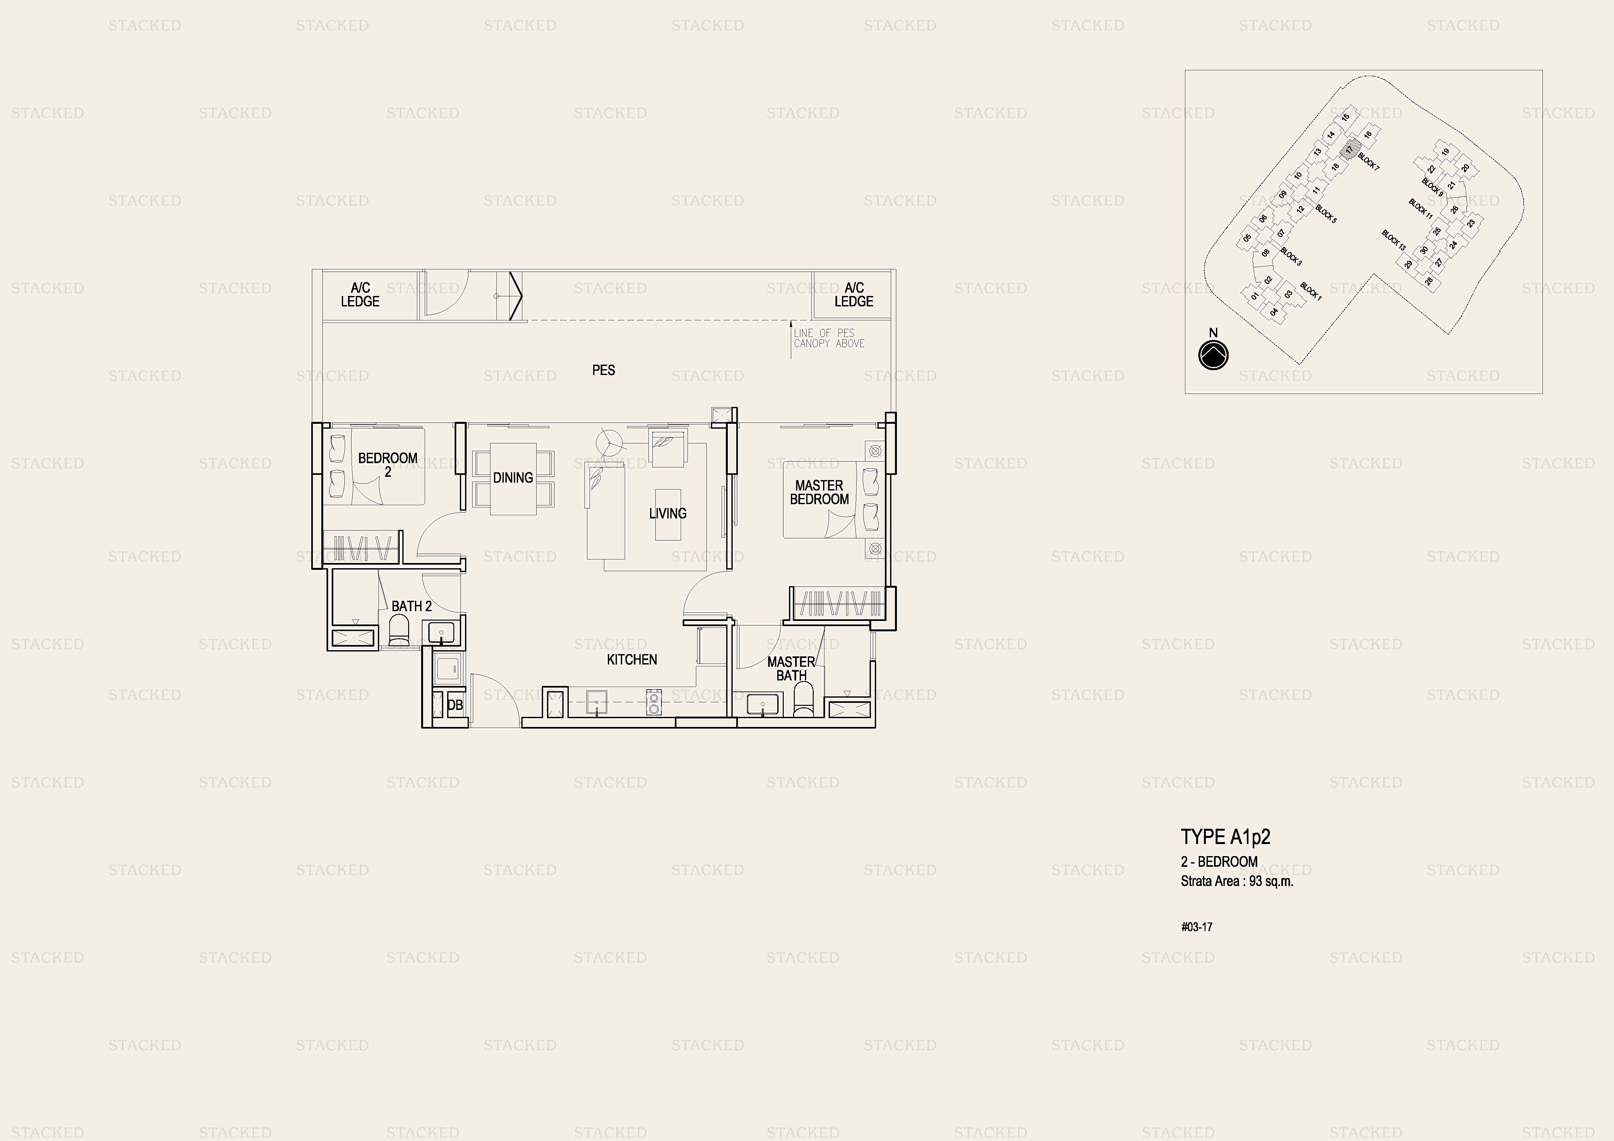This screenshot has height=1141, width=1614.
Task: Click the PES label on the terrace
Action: [x=603, y=370]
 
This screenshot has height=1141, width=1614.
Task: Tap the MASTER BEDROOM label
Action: [x=819, y=492]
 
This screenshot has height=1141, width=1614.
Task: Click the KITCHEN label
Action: [x=632, y=659]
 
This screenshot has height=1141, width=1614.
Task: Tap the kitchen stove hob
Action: [x=654, y=702]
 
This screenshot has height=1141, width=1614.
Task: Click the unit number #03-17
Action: [x=1196, y=927]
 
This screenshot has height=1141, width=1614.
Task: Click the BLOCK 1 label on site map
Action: [x=1311, y=291]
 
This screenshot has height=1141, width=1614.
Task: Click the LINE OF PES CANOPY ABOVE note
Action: [x=829, y=338]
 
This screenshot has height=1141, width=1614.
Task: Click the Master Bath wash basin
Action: [x=763, y=705]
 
